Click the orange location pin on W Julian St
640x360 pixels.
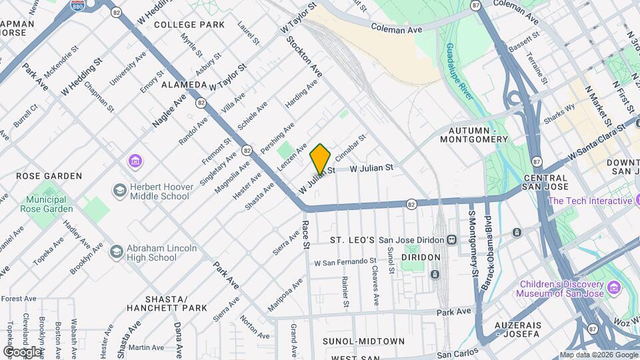pos(321,158)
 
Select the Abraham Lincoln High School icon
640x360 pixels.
pos(117,251)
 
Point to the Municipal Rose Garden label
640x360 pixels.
pos(50,204)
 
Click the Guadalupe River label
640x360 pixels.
pos(460,71)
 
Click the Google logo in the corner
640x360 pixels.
pos(23,351)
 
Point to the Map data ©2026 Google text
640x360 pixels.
pos(598,355)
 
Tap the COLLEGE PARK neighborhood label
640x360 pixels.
pos(189,25)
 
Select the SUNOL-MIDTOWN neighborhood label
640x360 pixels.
pos(363,341)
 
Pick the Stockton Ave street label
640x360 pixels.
pos(304,57)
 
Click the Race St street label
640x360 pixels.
pos(307,235)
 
